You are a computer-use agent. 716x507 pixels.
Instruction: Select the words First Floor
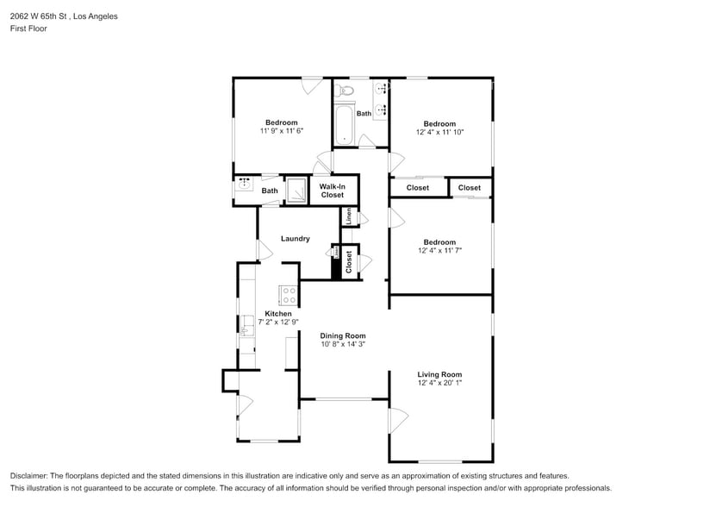click(29, 28)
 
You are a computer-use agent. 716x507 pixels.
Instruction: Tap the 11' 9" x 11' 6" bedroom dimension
click(281, 131)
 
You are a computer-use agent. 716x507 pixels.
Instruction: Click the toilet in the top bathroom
click(347, 90)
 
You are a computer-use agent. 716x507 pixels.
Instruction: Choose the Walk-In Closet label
click(333, 191)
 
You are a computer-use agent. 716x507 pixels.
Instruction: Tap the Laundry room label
click(296, 239)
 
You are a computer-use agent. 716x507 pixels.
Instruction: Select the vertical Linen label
click(348, 216)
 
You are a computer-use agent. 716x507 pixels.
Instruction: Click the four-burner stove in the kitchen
click(289, 296)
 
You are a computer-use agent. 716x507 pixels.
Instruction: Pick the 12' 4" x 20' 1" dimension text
click(439, 384)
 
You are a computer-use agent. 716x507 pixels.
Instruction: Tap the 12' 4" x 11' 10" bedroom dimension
click(439, 132)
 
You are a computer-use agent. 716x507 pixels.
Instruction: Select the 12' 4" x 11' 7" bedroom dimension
click(439, 251)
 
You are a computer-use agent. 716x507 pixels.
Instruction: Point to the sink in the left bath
click(245, 184)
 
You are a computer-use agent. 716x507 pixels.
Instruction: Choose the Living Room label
click(439, 375)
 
